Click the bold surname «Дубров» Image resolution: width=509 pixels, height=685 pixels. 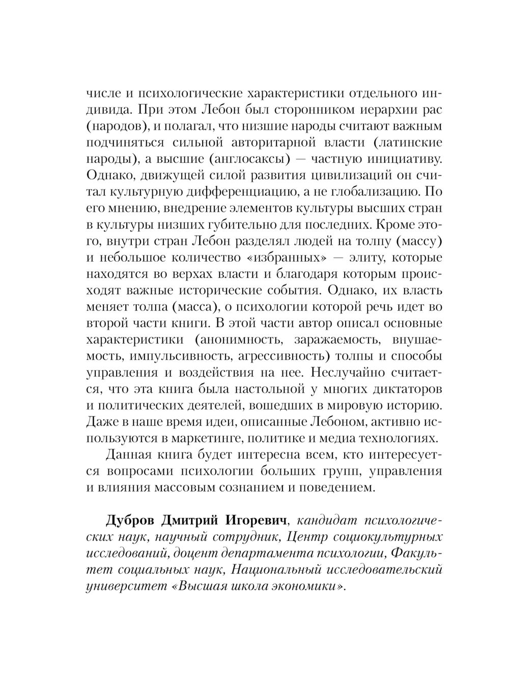131,521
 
